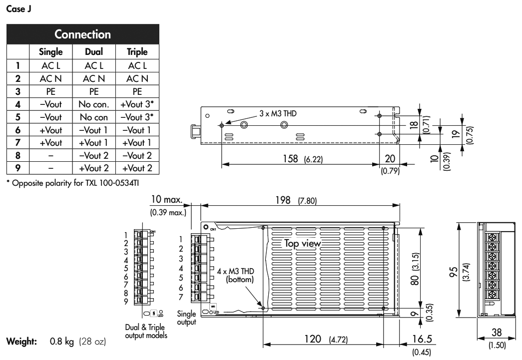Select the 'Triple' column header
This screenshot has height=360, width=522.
click(x=137, y=52)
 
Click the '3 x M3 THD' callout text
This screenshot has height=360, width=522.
click(x=278, y=114)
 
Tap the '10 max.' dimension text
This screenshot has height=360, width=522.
click(x=168, y=201)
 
